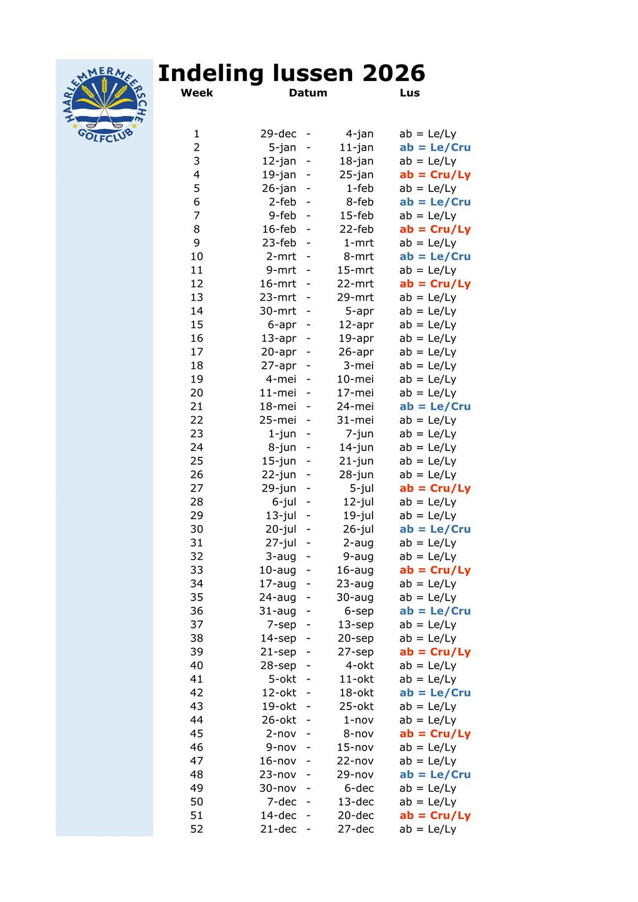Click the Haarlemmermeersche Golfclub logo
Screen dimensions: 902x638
pyautogui.click(x=105, y=103)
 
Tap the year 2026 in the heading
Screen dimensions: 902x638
pyautogui.click(x=393, y=74)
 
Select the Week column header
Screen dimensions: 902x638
pyautogui.click(x=196, y=93)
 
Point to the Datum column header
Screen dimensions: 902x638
pyautogui.click(x=308, y=93)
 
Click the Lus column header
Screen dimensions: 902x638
pyautogui.click(x=409, y=93)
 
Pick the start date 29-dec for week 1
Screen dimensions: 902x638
pyautogui.click(x=278, y=134)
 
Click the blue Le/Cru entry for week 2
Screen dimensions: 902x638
pyautogui.click(x=435, y=148)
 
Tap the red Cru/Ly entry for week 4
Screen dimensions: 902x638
pyautogui.click(x=435, y=175)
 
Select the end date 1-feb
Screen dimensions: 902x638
pyautogui.click(x=359, y=189)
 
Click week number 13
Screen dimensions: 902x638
pyautogui.click(x=196, y=298)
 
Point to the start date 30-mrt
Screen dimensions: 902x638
pyautogui.click(x=278, y=311)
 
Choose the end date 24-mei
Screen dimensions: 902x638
pyautogui.click(x=355, y=407)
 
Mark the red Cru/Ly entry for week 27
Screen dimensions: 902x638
pyautogui.click(x=435, y=488)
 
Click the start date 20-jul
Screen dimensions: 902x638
pyautogui.click(x=280, y=529)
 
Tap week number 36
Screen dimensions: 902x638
pyautogui.click(x=196, y=611)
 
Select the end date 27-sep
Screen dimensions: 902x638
pyautogui.click(x=355, y=652)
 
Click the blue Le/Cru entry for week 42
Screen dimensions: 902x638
pyautogui.click(x=435, y=693)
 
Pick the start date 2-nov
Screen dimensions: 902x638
pyautogui.click(x=281, y=734)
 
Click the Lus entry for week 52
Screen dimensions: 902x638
pyautogui.click(x=427, y=829)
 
